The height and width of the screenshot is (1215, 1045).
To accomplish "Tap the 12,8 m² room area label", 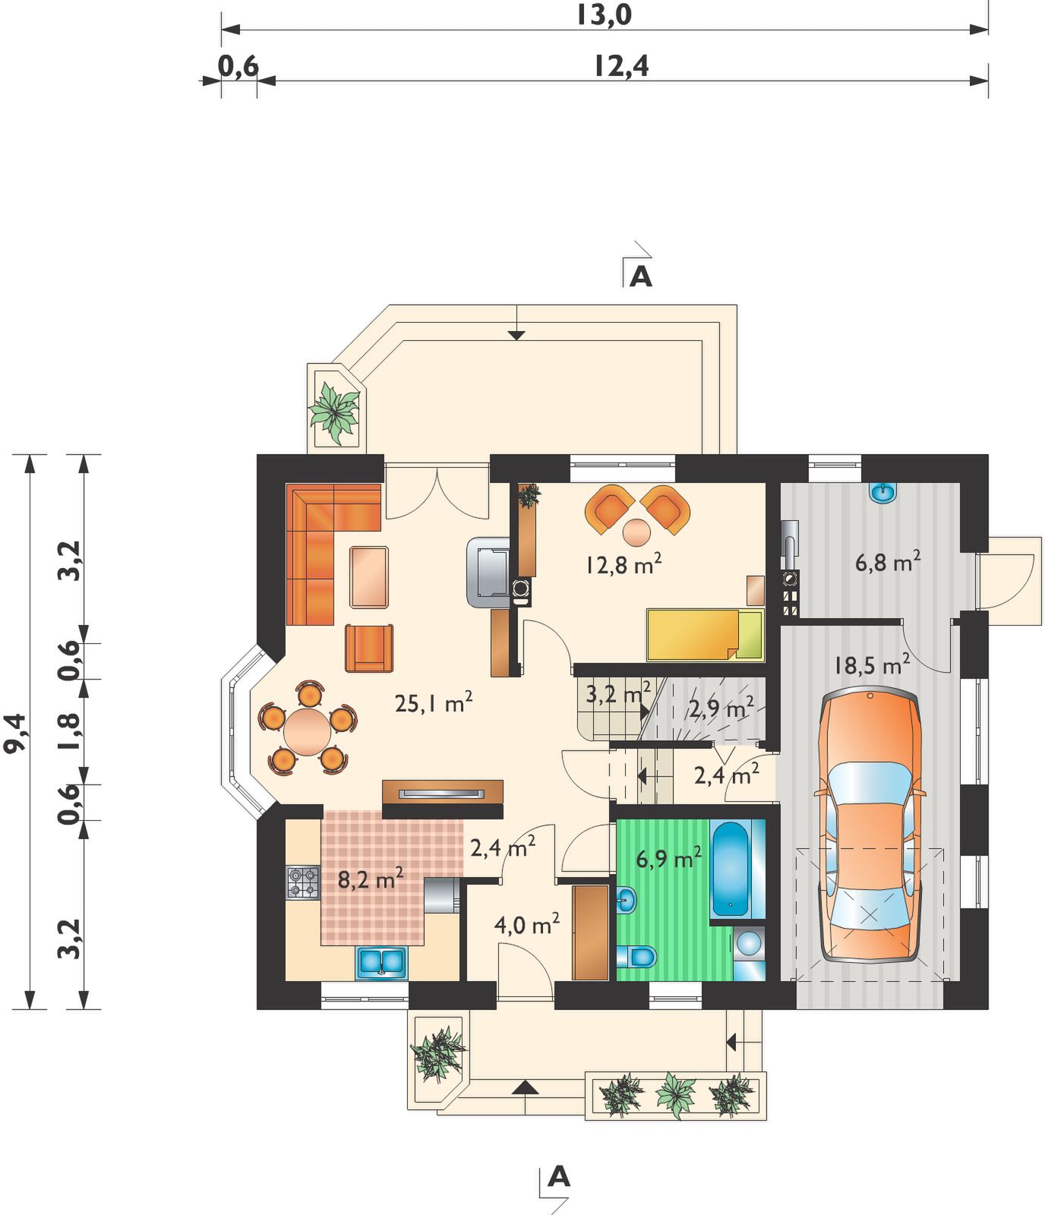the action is click(x=623, y=563).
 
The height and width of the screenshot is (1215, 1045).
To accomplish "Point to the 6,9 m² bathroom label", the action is click(x=668, y=858).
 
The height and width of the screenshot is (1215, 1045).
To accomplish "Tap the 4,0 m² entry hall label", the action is click(x=526, y=924).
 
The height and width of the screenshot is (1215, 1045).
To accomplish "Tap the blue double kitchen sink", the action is click(x=381, y=962).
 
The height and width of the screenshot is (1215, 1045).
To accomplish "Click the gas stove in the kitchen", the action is click(x=302, y=883).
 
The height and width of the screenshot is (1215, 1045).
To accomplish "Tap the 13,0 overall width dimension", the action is click(x=603, y=15).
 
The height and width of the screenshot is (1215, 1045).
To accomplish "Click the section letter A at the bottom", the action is click(x=559, y=1176).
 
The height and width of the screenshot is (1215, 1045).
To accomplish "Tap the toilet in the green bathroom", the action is click(x=636, y=955).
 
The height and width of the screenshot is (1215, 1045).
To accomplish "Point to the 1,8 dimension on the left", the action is click(x=69, y=731).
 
